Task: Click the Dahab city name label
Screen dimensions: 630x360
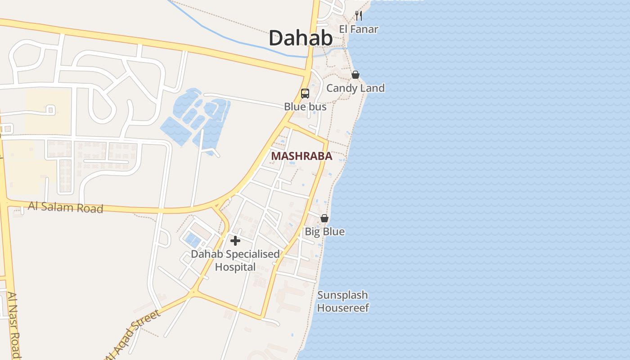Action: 301,38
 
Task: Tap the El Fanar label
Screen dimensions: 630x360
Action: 358,29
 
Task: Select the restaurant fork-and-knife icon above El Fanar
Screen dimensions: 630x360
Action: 358,16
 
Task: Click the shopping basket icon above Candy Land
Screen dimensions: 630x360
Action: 355,75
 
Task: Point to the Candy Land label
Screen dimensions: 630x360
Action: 355,88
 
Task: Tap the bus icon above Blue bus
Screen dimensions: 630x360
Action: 305,94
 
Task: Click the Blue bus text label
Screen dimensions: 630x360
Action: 305,107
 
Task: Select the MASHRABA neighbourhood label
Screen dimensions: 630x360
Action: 301,156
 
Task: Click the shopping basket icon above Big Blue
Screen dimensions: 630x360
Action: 324,218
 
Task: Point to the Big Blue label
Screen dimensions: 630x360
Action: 324,232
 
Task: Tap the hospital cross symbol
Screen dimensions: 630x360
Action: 235,240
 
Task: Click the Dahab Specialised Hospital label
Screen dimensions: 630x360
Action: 235,261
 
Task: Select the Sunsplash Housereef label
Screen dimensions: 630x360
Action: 343,301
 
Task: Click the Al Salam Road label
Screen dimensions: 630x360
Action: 66,207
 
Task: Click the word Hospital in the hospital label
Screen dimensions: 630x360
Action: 235,267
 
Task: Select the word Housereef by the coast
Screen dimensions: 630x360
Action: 343,308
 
